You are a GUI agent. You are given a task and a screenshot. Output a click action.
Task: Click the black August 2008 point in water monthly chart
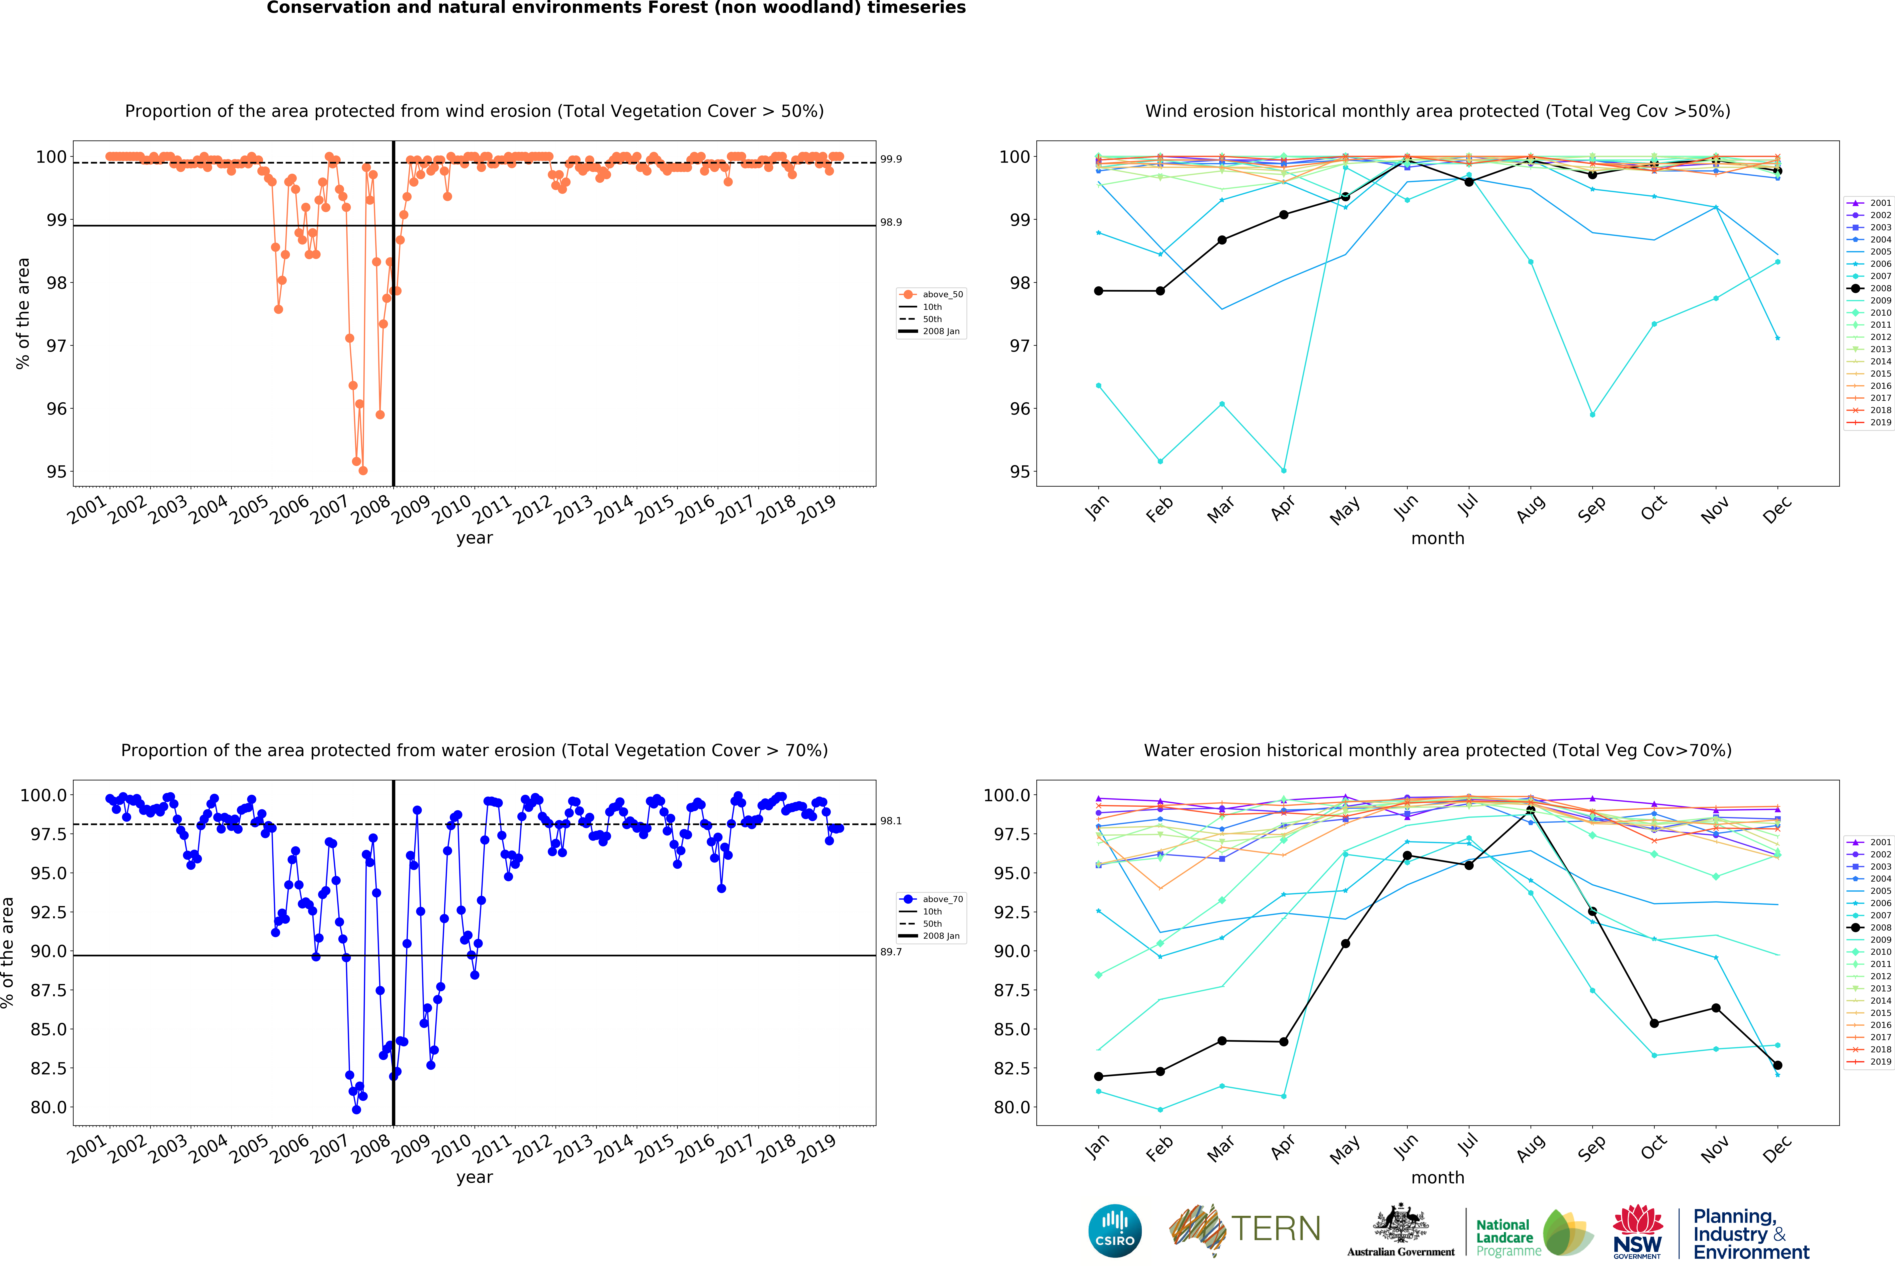tap(1531, 810)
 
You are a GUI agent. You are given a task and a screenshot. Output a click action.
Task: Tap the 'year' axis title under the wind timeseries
tap(475, 538)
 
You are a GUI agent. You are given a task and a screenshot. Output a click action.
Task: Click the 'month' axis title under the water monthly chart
tap(1438, 1177)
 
